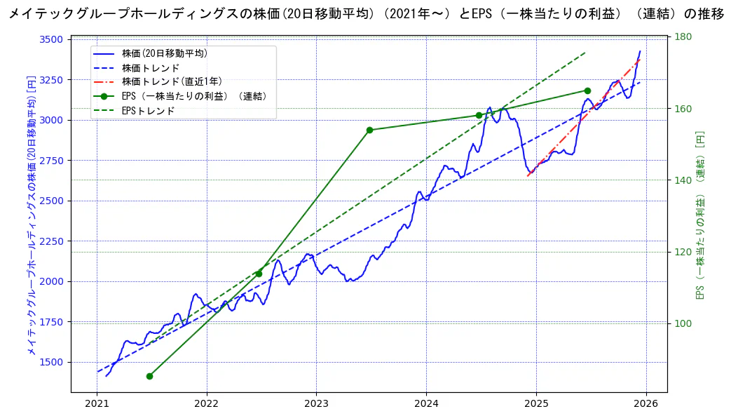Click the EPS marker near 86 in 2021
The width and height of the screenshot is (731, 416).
tap(149, 376)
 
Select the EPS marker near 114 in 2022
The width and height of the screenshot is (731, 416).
tap(259, 274)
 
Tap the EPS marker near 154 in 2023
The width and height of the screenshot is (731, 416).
tap(369, 130)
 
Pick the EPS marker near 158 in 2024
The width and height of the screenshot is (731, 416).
tap(479, 115)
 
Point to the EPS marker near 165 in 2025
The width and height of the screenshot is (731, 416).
tap(587, 90)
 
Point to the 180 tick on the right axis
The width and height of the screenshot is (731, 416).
tap(683, 37)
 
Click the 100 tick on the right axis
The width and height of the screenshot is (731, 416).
tap(683, 323)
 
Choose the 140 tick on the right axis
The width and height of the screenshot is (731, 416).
tap(683, 180)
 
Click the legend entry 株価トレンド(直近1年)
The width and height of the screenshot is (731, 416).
tap(172, 81)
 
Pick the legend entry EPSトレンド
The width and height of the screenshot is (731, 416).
tap(148, 110)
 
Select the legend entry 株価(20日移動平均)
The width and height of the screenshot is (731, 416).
tap(164, 53)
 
